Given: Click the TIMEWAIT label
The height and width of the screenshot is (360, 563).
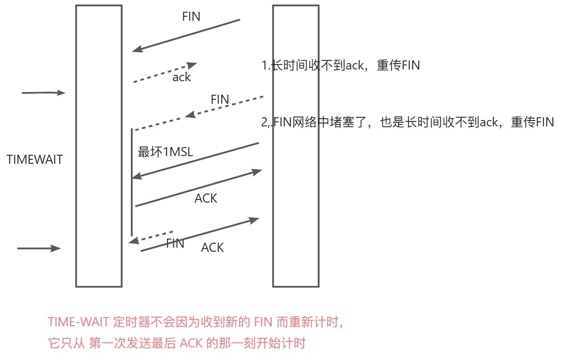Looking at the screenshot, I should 35,159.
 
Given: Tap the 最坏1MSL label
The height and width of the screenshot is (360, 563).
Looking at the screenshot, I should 165,152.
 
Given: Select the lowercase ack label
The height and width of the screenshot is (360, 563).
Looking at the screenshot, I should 181,77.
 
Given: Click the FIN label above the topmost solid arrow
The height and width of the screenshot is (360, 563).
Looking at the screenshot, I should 191,17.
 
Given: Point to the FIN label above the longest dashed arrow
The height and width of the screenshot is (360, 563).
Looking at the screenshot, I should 220,99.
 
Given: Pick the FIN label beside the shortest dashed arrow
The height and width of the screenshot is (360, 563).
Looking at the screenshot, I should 175,244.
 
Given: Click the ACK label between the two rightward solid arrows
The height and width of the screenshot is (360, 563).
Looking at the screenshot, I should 206,198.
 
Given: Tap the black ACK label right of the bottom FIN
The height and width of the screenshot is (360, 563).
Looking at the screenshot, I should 212,247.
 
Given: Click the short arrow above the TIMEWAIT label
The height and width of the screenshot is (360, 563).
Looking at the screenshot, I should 43,93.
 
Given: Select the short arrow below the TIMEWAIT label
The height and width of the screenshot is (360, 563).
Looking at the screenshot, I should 39,248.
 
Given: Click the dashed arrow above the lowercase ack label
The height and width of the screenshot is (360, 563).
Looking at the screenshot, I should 165,73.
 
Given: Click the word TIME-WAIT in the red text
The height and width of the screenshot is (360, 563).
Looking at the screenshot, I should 70,323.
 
